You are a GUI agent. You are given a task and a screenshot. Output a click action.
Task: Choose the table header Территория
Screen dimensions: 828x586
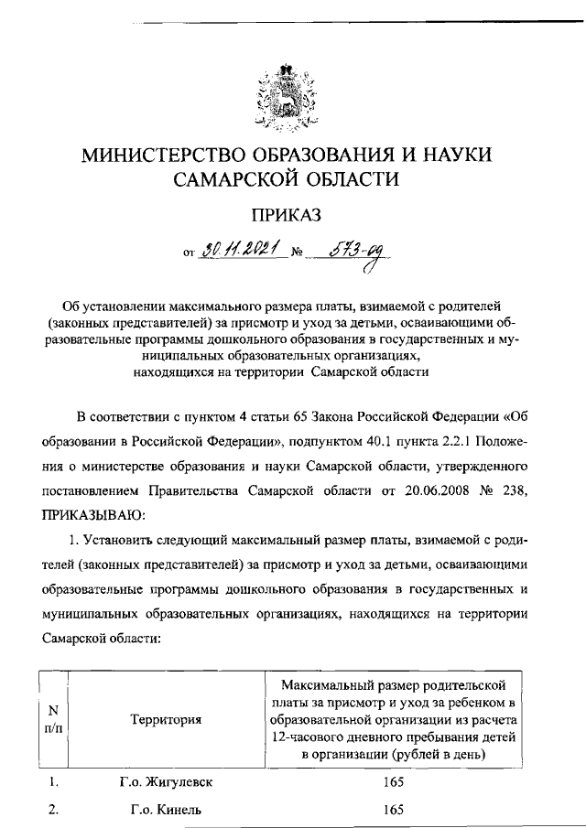(166, 719)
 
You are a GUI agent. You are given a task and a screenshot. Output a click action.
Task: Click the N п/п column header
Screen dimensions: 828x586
(54, 719)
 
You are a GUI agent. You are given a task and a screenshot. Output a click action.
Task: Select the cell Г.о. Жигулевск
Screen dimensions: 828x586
(165, 783)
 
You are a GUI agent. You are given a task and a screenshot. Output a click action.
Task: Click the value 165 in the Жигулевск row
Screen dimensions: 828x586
(395, 783)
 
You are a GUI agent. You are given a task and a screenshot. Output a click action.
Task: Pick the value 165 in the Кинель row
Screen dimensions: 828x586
(395, 810)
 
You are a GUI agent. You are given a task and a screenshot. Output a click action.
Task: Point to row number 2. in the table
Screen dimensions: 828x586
(54, 810)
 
